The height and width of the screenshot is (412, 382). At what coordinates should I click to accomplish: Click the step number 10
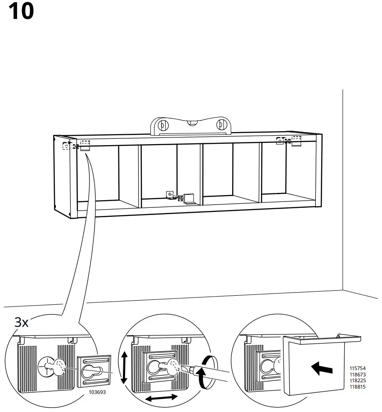(x=21, y=11)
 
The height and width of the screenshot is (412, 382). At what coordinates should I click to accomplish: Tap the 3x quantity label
(x=22, y=322)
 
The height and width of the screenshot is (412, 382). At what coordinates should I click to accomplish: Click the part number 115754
(x=358, y=369)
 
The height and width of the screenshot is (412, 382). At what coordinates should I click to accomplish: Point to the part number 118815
(x=358, y=386)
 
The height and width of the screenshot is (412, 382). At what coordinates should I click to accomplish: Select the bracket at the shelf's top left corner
(x=84, y=146)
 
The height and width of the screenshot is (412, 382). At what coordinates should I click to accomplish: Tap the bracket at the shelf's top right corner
(x=295, y=142)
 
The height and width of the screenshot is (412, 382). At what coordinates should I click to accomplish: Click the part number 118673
(x=358, y=375)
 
